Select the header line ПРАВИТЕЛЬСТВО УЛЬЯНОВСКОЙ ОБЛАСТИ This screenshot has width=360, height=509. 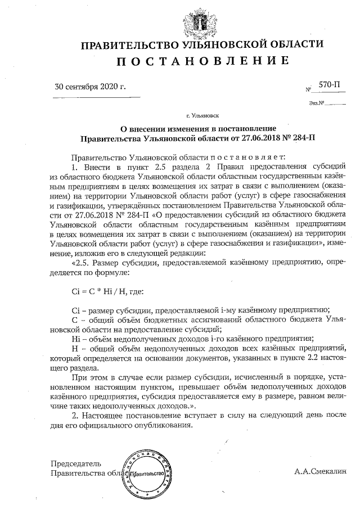203,44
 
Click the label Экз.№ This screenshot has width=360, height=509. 317,103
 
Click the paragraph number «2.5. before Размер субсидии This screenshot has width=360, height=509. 80,262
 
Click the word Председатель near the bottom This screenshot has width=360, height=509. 76,464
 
